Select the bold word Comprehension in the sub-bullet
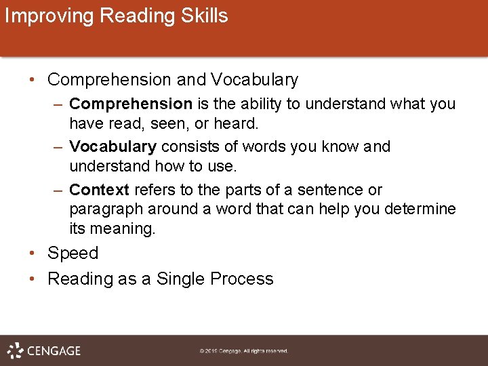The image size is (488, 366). pyautogui.click(x=131, y=104)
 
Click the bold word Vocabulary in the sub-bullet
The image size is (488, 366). pyautogui.click(x=113, y=146)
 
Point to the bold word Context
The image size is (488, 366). pyautogui.click(x=99, y=190)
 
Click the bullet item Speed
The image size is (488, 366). pyautogui.click(x=73, y=253)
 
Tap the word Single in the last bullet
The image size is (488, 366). pyautogui.click(x=181, y=279)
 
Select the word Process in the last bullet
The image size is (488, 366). pyautogui.click(x=242, y=279)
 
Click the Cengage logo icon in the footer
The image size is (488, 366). pyautogui.click(x=16, y=350)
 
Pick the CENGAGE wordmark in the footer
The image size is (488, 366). pyautogui.click(x=54, y=351)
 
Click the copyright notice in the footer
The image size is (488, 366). pyautogui.click(x=244, y=351)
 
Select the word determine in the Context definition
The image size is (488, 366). pyautogui.click(x=420, y=209)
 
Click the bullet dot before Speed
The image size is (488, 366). pyautogui.click(x=33, y=253)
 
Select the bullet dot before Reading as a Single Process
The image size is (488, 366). pyautogui.click(x=33, y=279)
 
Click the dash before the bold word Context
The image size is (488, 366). pyautogui.click(x=58, y=190)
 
